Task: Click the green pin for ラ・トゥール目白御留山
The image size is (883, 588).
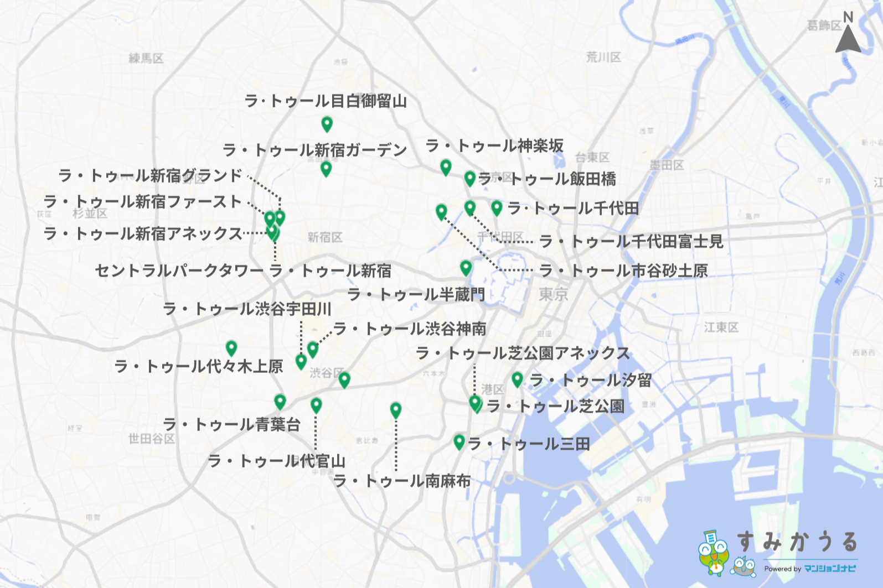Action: [327, 124]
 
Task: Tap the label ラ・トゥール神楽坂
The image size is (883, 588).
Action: [494, 146]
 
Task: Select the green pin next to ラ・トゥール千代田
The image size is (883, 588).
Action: [497, 207]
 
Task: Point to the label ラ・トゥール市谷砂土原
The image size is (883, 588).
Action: [623, 270]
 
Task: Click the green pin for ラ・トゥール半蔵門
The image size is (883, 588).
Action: [466, 268]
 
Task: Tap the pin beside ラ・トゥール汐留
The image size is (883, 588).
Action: [517, 379]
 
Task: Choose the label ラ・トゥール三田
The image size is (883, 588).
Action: [529, 444]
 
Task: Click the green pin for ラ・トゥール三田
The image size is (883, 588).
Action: [458, 441]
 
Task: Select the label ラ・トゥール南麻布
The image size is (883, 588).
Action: [402, 481]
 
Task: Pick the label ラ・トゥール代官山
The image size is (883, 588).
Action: [276, 461]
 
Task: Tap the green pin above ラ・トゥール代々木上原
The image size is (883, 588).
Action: [231, 347]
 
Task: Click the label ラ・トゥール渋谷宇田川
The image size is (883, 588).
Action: [247, 309]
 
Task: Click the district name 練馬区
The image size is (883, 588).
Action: [146, 58]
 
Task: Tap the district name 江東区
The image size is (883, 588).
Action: [721, 327]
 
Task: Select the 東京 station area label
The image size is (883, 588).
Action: [553, 294]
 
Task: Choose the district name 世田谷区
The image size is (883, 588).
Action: [152, 439]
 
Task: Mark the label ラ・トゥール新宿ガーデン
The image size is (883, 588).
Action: [314, 150]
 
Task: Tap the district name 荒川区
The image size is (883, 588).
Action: [603, 57]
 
